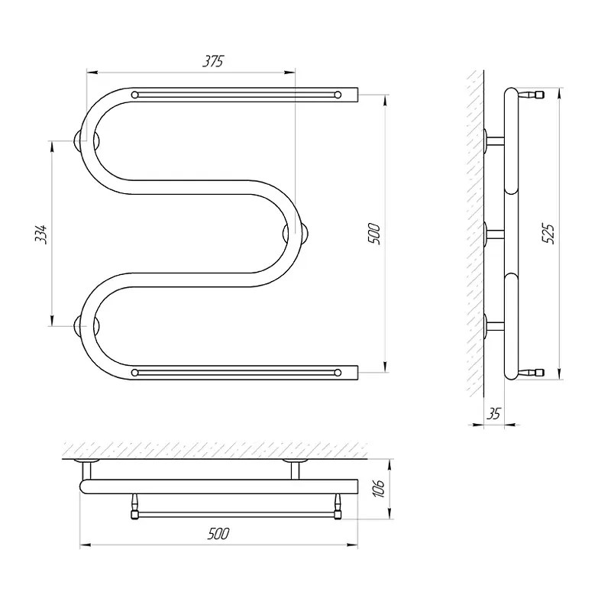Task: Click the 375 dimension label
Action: click(x=213, y=61)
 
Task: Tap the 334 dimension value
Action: click(x=41, y=234)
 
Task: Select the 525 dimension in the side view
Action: click(x=548, y=234)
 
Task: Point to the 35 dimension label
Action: click(x=493, y=413)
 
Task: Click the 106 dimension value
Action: click(x=379, y=488)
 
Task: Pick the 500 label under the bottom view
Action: click(x=218, y=533)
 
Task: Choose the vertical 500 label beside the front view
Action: click(x=373, y=234)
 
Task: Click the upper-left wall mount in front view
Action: click(x=86, y=141)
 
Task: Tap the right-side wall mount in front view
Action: click(x=296, y=234)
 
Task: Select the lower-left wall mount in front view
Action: click(x=86, y=326)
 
